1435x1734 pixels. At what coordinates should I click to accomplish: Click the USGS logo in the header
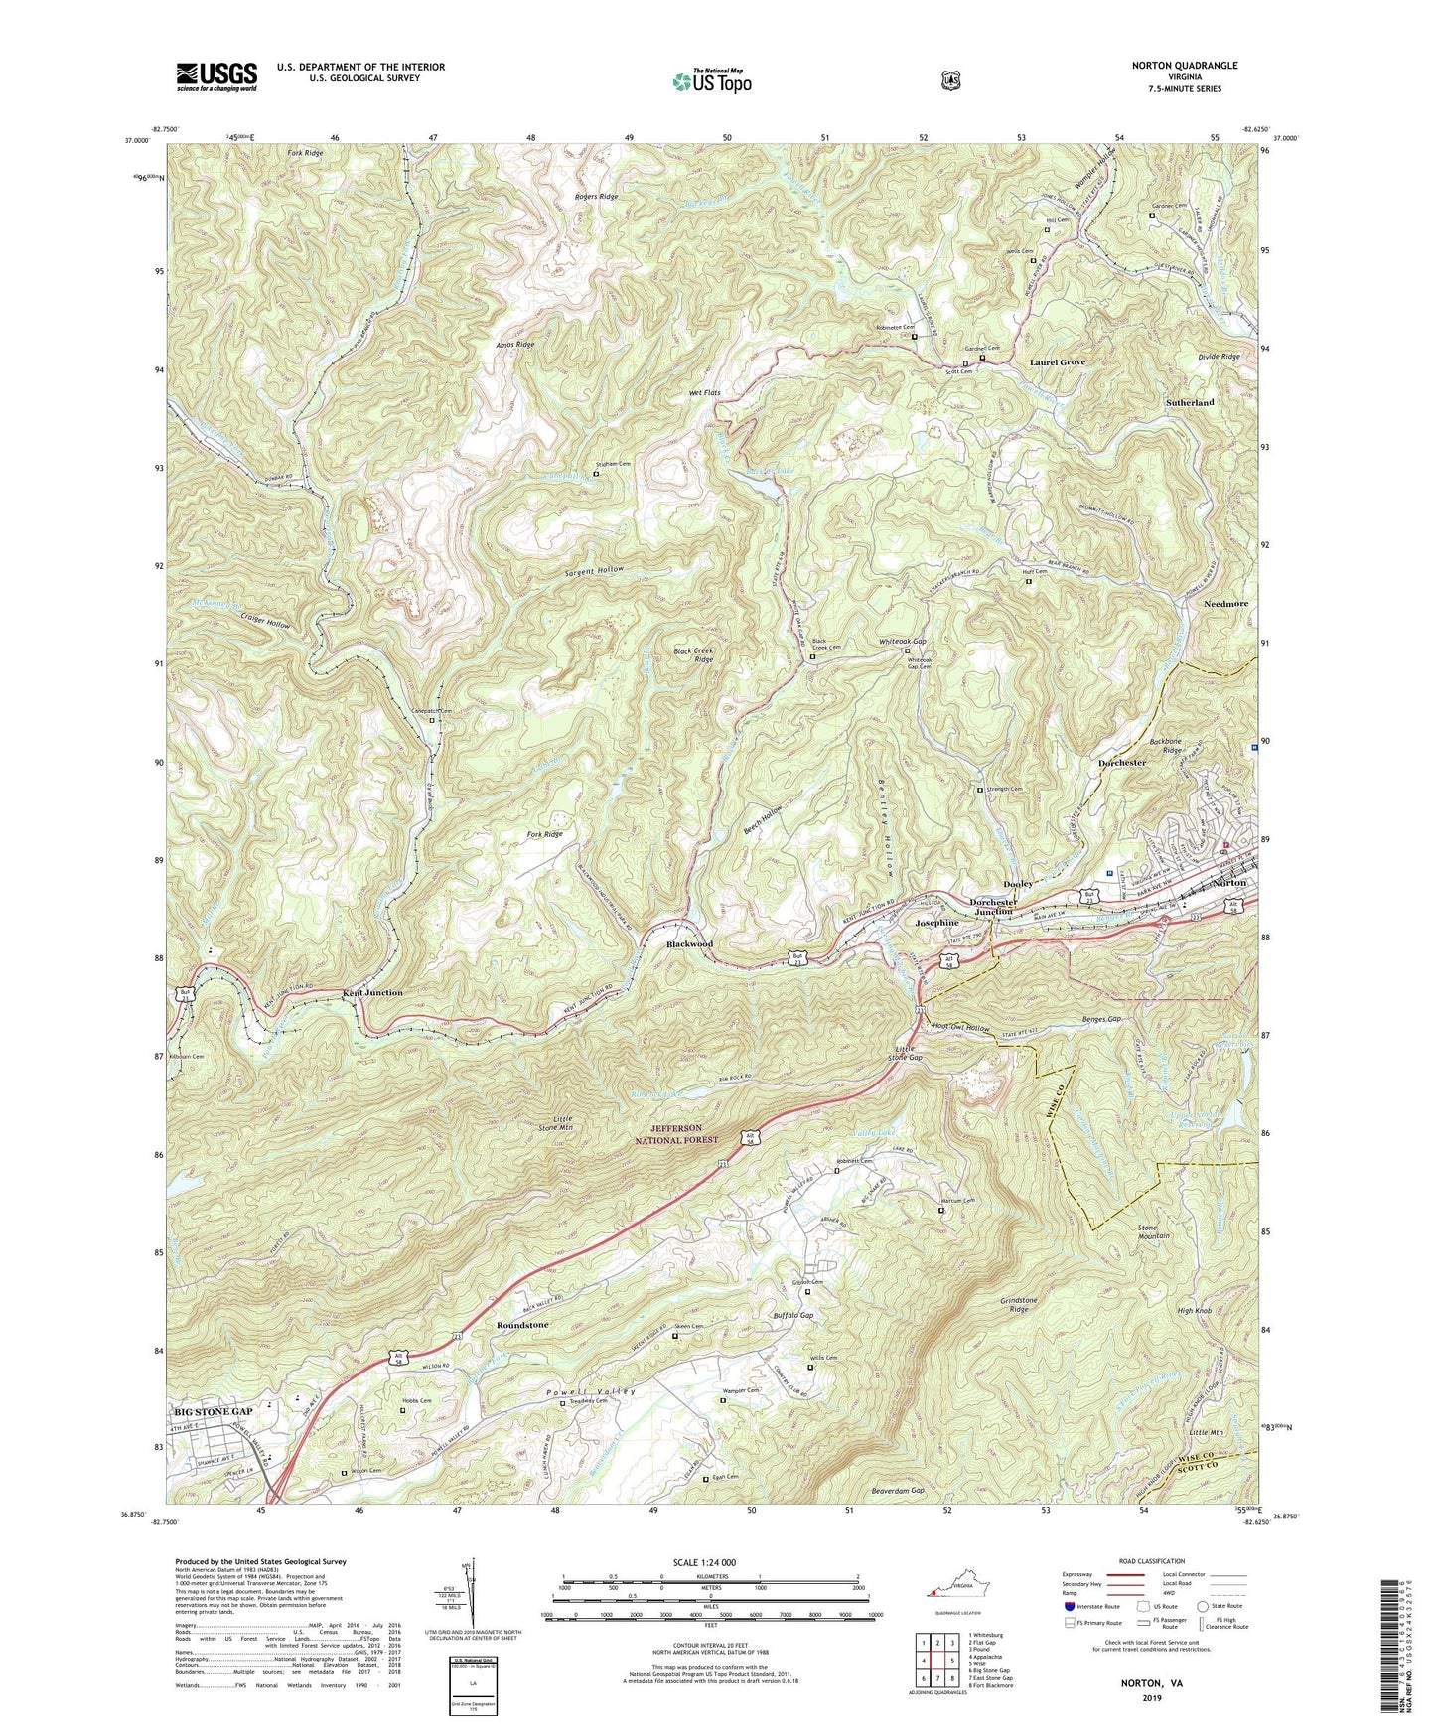216,75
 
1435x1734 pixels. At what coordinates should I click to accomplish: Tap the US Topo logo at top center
711,81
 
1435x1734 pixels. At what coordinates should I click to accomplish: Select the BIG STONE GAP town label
214,1411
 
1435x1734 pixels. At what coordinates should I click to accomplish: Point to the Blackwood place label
689,944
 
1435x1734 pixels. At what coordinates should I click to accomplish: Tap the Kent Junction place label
372,993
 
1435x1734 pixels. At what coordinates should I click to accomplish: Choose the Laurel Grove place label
1058,362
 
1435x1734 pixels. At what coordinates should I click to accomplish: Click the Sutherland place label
1189,403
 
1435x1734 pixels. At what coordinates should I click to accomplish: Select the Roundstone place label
522,1325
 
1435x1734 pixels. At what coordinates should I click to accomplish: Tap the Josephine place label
936,923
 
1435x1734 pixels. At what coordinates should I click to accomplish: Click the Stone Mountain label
1153,1232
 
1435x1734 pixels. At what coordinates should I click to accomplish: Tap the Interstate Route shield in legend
1070,1606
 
